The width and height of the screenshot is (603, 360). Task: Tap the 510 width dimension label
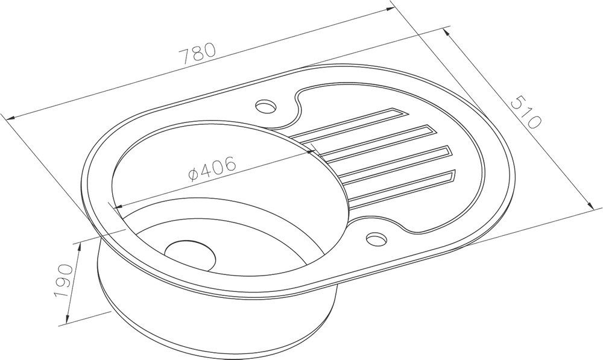pos(526,112)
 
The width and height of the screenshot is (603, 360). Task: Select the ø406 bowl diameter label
pos(212,169)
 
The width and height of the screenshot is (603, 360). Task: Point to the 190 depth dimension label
pos(64,281)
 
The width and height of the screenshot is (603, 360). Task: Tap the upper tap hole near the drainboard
pos(266,106)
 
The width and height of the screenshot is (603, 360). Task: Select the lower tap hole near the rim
pos(376,238)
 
